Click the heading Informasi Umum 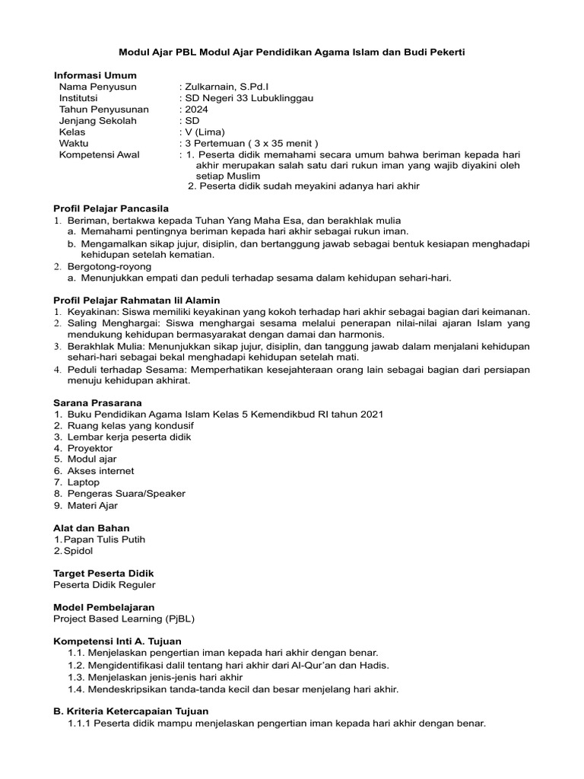pos(95,75)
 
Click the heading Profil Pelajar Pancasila pos(111,208)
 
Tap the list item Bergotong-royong pos(109,266)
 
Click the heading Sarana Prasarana pos(97,402)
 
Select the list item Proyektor pos(90,448)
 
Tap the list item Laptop pos(84,482)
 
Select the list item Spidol pos(81,550)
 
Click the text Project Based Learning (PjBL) pos(124,618)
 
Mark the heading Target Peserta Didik pos(103,573)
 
